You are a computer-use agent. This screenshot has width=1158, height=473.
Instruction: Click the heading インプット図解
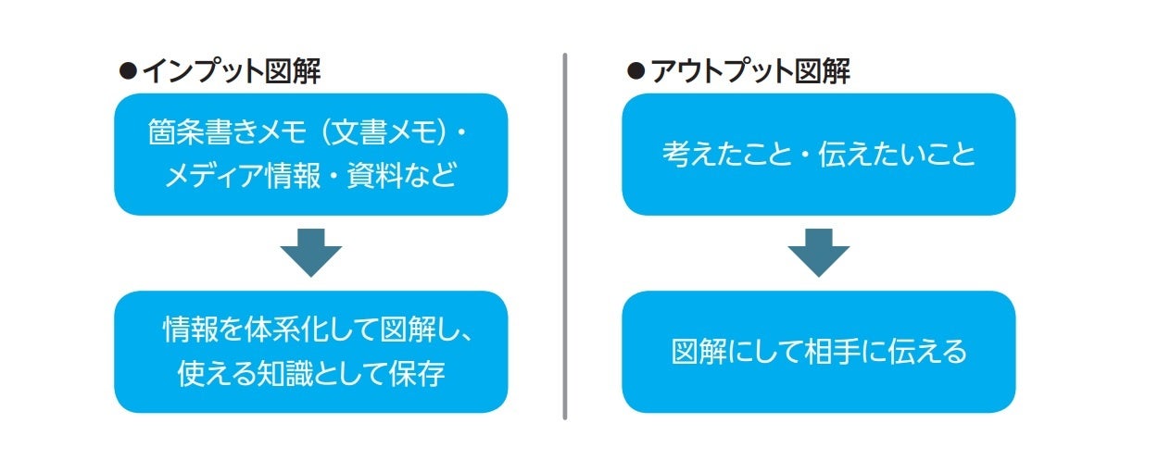click(x=231, y=71)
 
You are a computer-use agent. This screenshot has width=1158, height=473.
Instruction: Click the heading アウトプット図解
click(x=749, y=71)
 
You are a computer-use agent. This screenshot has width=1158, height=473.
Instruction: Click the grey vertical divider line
click(x=564, y=236)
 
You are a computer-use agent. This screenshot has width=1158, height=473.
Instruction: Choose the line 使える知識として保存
click(x=310, y=373)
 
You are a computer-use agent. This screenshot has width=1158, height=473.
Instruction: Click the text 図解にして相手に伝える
click(x=818, y=352)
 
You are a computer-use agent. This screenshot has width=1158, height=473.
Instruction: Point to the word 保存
click(x=421, y=373)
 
